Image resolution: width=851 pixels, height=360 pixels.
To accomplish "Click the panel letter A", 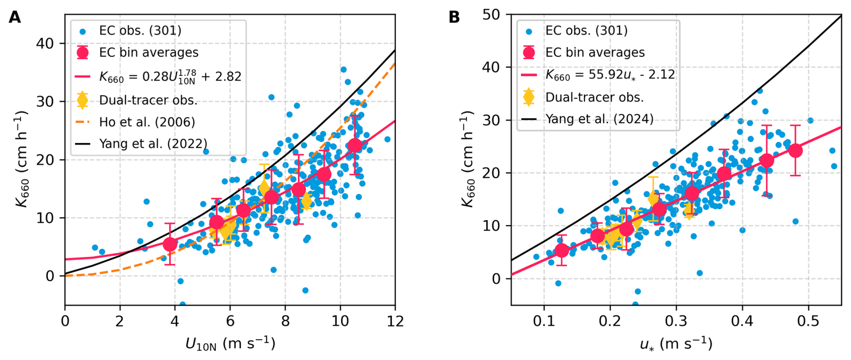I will pos(15,17).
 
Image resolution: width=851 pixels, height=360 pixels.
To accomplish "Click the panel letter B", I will pos(454,17).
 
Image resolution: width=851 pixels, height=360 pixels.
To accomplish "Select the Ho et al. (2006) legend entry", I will pos(147,122).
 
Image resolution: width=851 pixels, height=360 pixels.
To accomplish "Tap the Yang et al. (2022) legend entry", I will pos(153,144).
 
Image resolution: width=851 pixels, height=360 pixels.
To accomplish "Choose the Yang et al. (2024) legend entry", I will pos(599,119).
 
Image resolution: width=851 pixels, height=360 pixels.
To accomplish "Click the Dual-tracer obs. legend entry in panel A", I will pos(148,100).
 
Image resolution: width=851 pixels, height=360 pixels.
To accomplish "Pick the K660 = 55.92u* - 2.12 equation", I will pos(610,74).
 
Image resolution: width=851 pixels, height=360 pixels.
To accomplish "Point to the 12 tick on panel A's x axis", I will pos(394,321).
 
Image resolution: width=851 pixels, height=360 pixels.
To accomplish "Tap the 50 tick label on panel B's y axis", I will pos(492,15).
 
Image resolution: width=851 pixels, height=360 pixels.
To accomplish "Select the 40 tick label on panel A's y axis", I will pos(45,44).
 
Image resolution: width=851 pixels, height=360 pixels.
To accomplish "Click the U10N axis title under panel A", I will pos(230,344).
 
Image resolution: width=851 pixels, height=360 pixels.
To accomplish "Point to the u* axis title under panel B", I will pos(676,344).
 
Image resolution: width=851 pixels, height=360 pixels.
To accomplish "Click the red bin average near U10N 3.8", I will pos(170,244).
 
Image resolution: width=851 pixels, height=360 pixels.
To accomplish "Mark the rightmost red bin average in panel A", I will pos(355,145).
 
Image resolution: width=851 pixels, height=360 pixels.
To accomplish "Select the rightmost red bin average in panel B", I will pos(795,150).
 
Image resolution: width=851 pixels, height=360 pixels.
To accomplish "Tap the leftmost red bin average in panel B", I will pos(561,250).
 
